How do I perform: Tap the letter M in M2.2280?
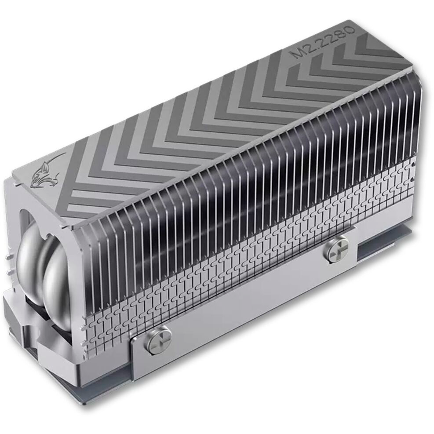(x=300, y=55)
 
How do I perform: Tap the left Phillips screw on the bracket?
(x=158, y=339)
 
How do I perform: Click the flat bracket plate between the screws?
(x=246, y=299)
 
